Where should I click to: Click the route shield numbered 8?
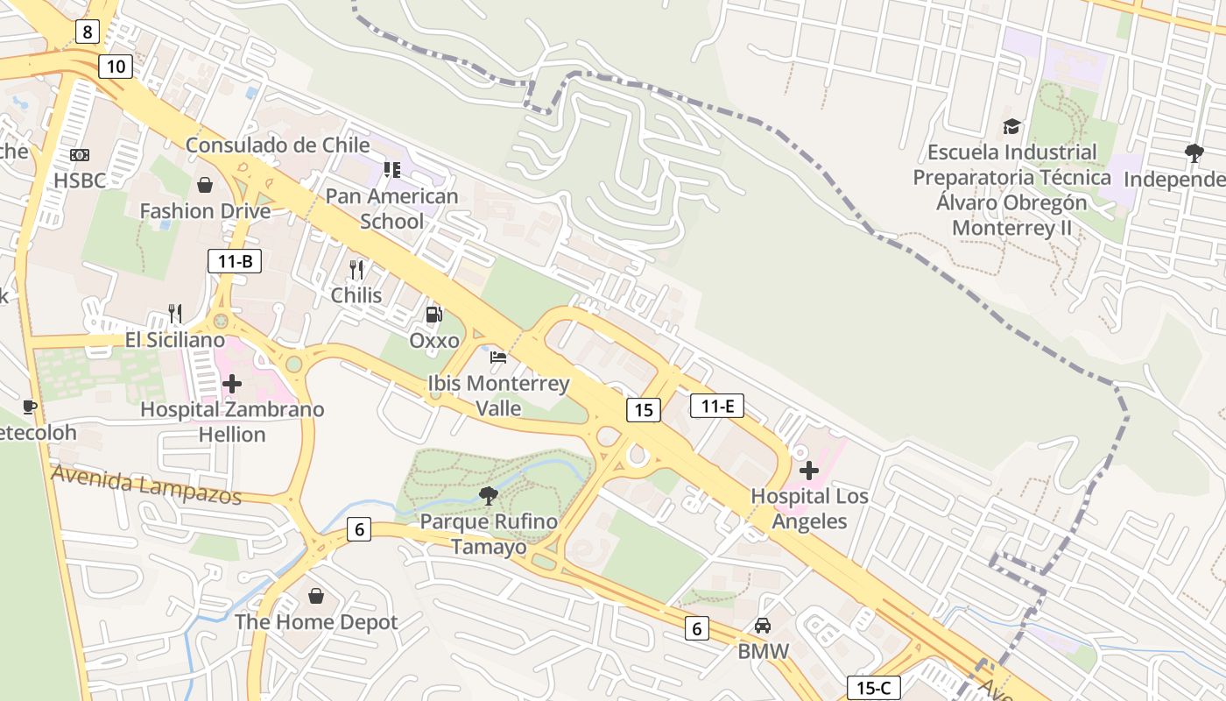[x=88, y=32]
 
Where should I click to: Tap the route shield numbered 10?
[x=116, y=66]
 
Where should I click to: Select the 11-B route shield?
[x=235, y=260]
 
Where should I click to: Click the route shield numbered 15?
[x=643, y=409]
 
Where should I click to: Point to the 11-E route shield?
[x=717, y=405]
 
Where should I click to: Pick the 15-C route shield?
[x=873, y=688]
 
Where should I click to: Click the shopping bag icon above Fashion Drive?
[x=205, y=185]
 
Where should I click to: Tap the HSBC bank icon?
[x=80, y=155]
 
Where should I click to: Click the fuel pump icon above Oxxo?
[x=433, y=314]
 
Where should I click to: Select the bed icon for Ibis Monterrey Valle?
[x=498, y=357]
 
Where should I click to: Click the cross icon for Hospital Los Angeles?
[x=809, y=471]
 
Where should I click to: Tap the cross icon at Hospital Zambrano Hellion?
[x=232, y=383]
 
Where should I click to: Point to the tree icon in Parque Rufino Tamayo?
[x=489, y=496]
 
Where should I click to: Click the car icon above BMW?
[x=763, y=626]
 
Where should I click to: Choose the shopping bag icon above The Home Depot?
[x=316, y=596]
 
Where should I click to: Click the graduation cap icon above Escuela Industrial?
[x=1011, y=127]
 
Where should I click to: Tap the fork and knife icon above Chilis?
[x=356, y=269]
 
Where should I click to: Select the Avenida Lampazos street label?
[x=146, y=485]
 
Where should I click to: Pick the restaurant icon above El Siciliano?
[x=175, y=314]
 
